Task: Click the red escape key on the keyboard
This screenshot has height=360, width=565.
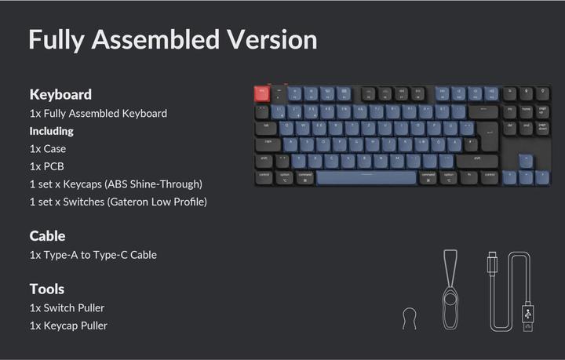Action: click(x=261, y=93)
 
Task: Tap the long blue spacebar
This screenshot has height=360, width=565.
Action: click(x=366, y=177)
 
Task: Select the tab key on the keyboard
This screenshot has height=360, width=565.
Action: click(x=266, y=126)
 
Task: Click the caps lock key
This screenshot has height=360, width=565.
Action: click(x=269, y=143)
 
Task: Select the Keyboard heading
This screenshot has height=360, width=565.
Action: click(x=60, y=94)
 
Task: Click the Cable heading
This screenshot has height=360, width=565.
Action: click(x=47, y=235)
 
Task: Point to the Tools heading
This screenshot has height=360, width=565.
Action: click(x=47, y=289)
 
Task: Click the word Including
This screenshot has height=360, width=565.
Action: click(x=52, y=131)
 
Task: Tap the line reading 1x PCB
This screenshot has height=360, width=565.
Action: click(x=46, y=166)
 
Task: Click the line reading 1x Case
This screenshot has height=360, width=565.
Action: click(x=47, y=148)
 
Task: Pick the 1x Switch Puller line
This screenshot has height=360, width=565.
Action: click(x=67, y=307)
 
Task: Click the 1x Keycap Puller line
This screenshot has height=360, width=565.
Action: click(x=68, y=325)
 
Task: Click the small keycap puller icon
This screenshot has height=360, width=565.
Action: click(x=407, y=318)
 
